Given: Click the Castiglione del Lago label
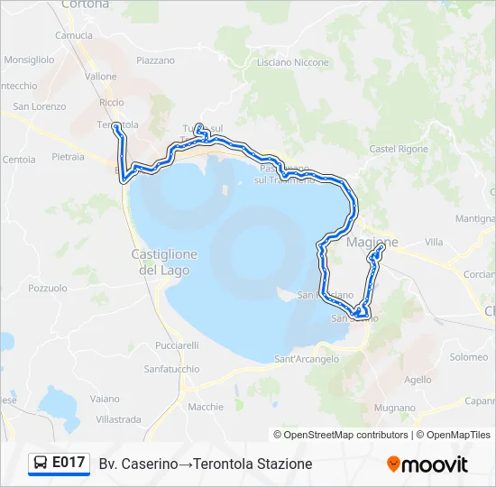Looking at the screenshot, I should click(x=164, y=262).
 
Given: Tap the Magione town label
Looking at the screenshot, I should click(x=372, y=243).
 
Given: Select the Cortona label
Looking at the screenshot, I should click(x=86, y=5).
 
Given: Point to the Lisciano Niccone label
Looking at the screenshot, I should click(x=293, y=62).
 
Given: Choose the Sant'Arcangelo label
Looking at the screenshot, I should click(x=307, y=359).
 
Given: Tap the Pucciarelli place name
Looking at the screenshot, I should click(x=177, y=345).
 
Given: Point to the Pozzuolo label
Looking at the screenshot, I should click(x=48, y=289).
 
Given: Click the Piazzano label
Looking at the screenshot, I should click(x=155, y=60).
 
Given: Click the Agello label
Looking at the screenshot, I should click(x=418, y=380).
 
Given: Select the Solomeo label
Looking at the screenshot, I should click(x=469, y=357).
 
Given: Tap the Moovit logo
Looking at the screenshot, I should click(x=427, y=464).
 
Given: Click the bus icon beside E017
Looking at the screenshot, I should click(x=41, y=464).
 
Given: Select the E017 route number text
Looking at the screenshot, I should click(x=69, y=464).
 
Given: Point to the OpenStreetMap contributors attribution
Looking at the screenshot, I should click(x=345, y=435).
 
